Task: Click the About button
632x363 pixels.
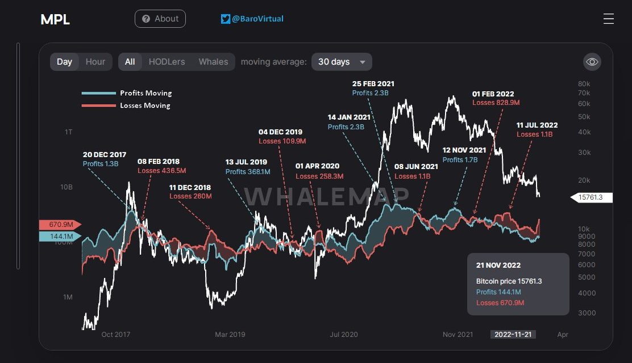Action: pos(160,19)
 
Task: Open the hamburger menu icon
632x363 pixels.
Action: pos(608,19)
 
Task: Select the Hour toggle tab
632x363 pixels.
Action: pos(95,62)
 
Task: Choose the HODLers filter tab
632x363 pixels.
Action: pos(167,62)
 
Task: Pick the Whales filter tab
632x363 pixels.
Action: pos(213,62)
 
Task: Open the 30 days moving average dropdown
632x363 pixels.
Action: pos(342,62)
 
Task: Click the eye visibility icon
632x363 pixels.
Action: pos(592,62)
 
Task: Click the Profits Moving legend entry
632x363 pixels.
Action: pos(145,93)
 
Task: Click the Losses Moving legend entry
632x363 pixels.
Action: pos(145,105)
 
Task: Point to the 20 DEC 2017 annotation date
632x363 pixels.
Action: pos(104,154)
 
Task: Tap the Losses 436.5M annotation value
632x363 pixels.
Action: pos(161,170)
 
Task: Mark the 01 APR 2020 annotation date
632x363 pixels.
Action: pos(317,166)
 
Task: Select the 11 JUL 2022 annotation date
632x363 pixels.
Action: pos(537,125)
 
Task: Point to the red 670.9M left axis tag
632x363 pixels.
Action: pos(60,225)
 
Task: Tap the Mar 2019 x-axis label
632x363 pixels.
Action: pos(230,335)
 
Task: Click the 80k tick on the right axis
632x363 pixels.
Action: pos(583,83)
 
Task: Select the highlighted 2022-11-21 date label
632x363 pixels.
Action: pos(513,335)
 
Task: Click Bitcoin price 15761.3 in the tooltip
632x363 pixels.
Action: pos(509,281)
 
